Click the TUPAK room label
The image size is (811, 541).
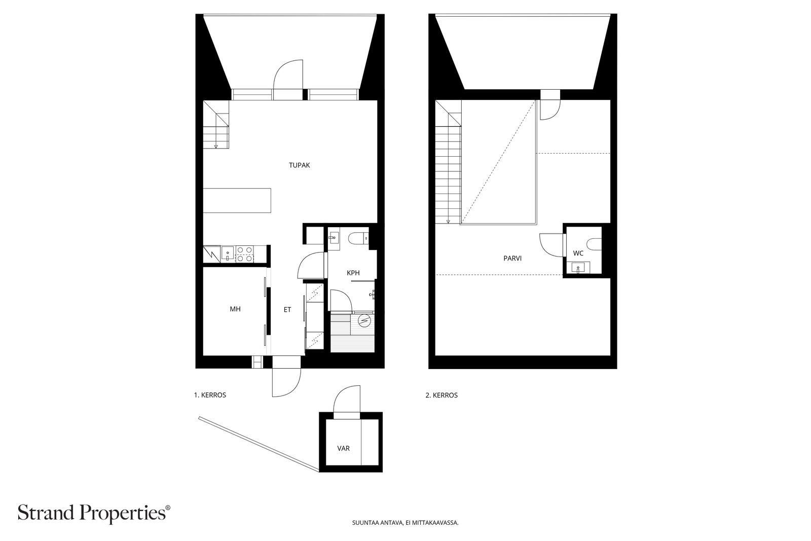click(x=300, y=165)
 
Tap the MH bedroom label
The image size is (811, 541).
click(x=235, y=309)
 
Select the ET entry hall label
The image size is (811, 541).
click(x=287, y=310)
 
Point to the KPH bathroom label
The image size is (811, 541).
click(x=353, y=273)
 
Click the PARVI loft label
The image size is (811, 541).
click(x=512, y=258)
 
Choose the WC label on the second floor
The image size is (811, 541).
click(x=578, y=253)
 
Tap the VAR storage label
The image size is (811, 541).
click(x=343, y=448)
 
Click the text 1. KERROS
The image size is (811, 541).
click(x=210, y=395)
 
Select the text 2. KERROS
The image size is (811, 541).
click(x=441, y=395)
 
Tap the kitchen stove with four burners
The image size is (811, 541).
click(x=244, y=254)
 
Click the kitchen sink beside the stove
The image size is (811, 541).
click(x=228, y=254)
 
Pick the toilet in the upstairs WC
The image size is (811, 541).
click(x=594, y=244)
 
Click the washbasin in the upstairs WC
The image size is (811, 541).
click(x=578, y=268)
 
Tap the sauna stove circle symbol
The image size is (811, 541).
click(x=364, y=320)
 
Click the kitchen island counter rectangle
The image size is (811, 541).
click(x=237, y=200)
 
